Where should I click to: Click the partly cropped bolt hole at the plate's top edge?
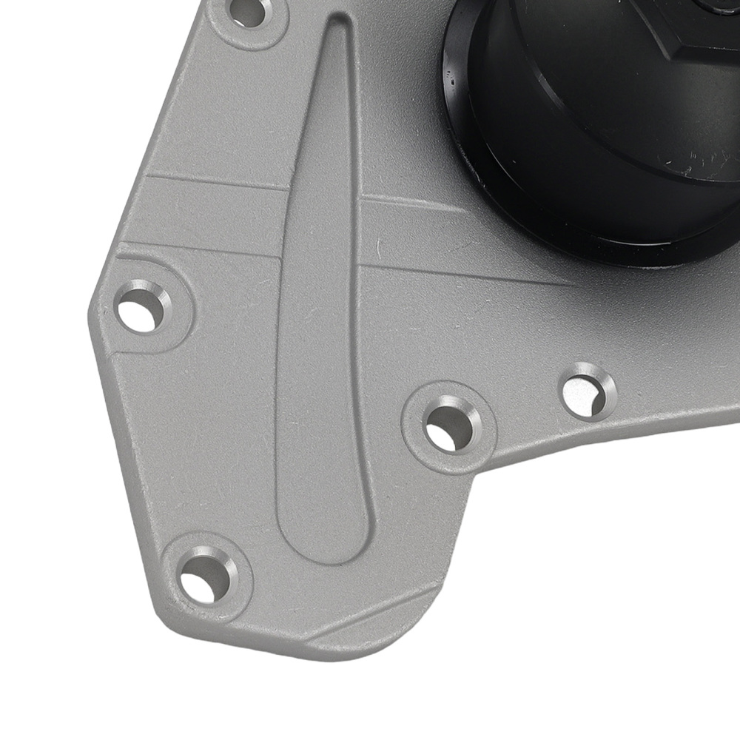(x=250, y=10)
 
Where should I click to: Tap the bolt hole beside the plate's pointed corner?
(x=141, y=306)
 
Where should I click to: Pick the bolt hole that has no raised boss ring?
(x=588, y=391)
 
